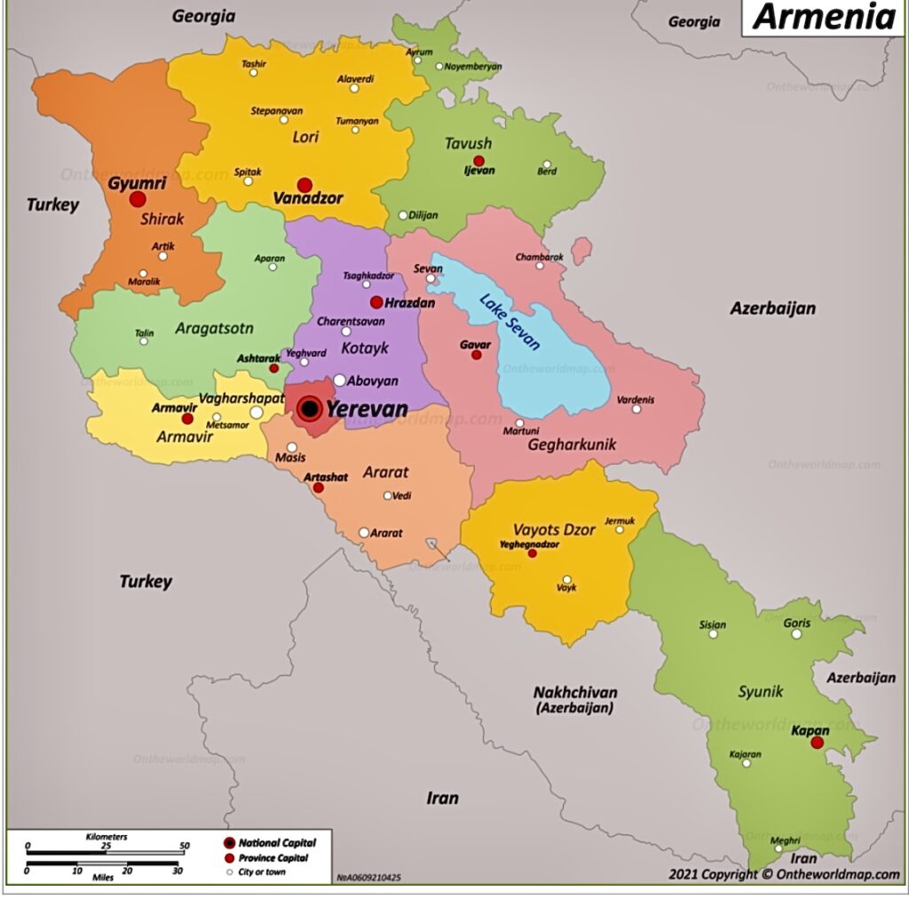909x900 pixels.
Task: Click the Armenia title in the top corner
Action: (823, 17)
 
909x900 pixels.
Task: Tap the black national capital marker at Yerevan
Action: (309, 409)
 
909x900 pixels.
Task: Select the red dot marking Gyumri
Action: (138, 199)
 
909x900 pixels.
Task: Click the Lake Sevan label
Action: (510, 322)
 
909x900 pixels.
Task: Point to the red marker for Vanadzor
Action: (304, 185)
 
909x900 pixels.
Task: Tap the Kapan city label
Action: (809, 730)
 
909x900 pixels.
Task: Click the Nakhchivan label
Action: (575, 693)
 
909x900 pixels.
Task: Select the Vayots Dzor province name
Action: (554, 530)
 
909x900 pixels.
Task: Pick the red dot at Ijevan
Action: (478, 161)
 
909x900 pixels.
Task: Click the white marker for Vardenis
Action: (636, 409)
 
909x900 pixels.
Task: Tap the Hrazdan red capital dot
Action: (376, 302)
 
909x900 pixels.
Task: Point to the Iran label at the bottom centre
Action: (442, 798)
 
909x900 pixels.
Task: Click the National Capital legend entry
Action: (276, 842)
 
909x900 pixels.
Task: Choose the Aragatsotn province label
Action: (214, 329)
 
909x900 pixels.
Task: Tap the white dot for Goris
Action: (796, 633)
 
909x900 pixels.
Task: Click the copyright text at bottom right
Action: (784, 874)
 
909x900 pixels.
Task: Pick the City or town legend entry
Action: (261, 872)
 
